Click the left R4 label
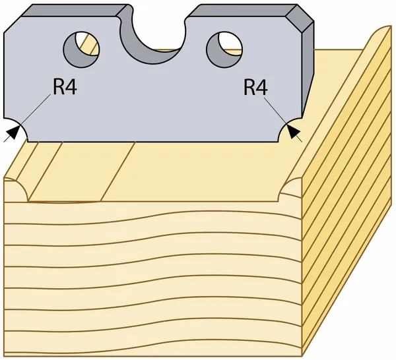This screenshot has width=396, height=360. [x=65, y=87]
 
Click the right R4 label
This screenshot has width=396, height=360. [x=255, y=87]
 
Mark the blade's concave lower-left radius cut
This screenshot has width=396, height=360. [x=18, y=130]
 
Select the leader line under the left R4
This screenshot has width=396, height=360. [x=35, y=110]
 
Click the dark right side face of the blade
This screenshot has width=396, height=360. [x=306, y=73]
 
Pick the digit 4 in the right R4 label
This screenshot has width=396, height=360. [x=262, y=87]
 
